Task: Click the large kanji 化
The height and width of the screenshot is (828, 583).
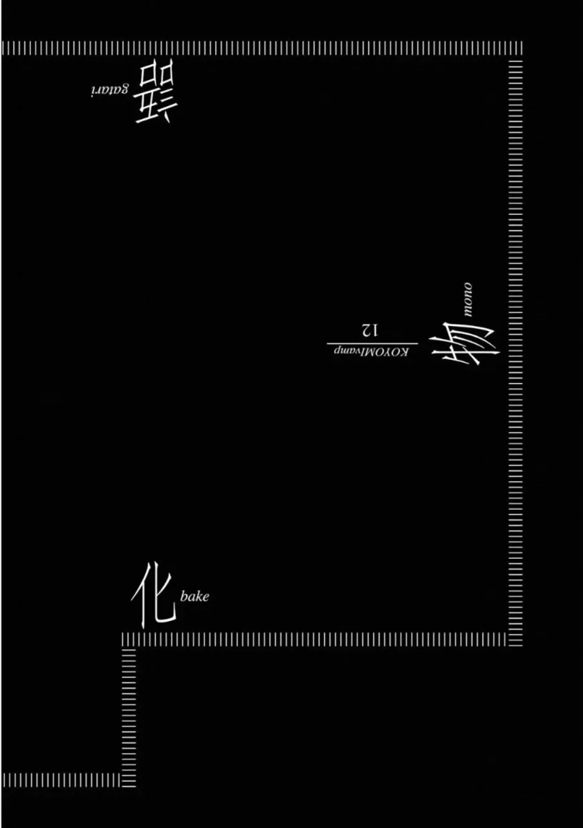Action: tap(154, 595)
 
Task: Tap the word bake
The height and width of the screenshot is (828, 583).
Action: tap(195, 596)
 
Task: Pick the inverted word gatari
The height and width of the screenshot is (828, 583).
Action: tap(109, 90)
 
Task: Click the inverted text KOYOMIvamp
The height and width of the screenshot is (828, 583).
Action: tap(371, 351)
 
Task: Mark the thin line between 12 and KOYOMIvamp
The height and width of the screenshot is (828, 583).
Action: tap(372, 343)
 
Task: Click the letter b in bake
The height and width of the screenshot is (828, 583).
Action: tap(184, 596)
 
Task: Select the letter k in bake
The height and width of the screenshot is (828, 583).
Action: tap(198, 596)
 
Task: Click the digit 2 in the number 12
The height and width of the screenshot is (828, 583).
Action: tap(365, 331)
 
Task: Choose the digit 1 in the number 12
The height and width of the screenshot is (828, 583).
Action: tap(374, 331)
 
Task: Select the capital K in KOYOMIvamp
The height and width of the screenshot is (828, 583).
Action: tap(405, 351)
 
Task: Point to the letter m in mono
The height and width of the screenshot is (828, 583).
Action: tap(468, 312)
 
